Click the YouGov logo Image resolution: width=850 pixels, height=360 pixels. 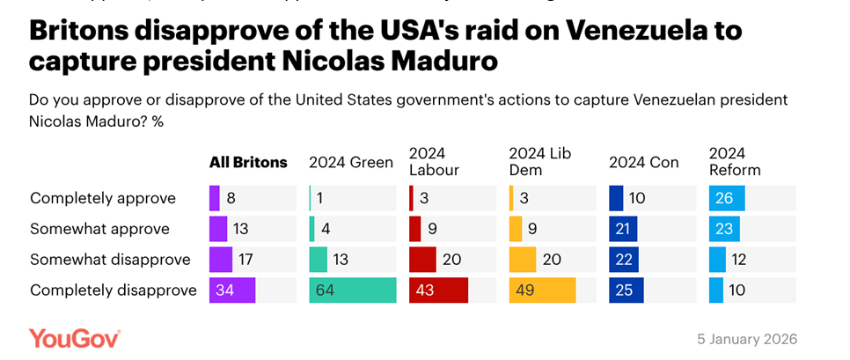[x=74, y=338]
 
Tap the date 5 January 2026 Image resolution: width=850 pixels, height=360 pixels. [x=747, y=340]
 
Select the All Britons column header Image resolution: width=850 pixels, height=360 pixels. [x=247, y=162]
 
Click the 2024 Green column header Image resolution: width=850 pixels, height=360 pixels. [x=351, y=162]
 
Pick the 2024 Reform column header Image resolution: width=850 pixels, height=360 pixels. [x=735, y=162]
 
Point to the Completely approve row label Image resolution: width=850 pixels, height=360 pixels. [x=103, y=198]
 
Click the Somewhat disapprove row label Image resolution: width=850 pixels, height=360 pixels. [x=110, y=260]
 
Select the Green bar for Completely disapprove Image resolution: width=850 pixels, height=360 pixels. [x=353, y=290]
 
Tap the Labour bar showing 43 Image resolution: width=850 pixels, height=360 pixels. [x=438, y=290]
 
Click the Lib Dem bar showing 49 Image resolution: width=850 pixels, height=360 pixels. [x=542, y=290]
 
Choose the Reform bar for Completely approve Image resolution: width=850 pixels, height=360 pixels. [x=727, y=198]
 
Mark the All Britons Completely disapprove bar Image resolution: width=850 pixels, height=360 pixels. [x=232, y=290]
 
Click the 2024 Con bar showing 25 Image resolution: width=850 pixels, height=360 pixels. [x=627, y=290]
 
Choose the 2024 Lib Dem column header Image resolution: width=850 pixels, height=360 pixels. [x=540, y=162]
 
